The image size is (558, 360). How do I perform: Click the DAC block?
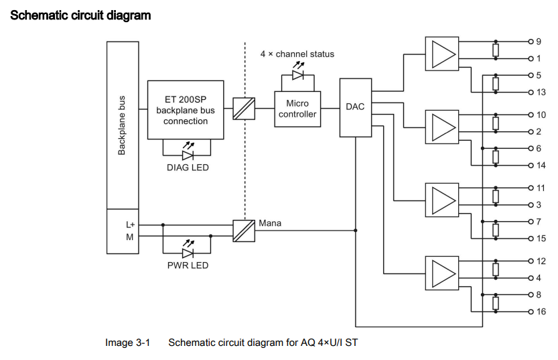click(x=355, y=107)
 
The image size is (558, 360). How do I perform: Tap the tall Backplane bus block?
click(x=121, y=125)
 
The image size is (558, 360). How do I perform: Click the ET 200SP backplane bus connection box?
click(x=186, y=110)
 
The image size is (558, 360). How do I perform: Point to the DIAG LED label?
click(x=188, y=168)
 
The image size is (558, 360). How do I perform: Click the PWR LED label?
click(x=188, y=265)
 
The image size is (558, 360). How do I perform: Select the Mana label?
click(x=270, y=223)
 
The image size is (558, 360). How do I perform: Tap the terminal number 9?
click(x=539, y=42)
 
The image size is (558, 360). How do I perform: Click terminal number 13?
click(x=541, y=92)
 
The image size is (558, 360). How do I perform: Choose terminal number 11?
click(x=541, y=188)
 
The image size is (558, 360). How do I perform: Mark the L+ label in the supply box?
click(x=131, y=225)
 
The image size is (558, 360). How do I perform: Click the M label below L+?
click(x=131, y=236)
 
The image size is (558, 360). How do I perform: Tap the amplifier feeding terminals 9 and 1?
click(x=441, y=51)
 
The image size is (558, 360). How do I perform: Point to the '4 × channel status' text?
click(x=297, y=54)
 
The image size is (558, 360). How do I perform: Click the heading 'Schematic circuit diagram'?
click(x=80, y=15)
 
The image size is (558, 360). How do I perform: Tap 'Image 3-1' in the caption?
click(x=127, y=343)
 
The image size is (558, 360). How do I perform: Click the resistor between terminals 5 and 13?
click(x=495, y=83)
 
